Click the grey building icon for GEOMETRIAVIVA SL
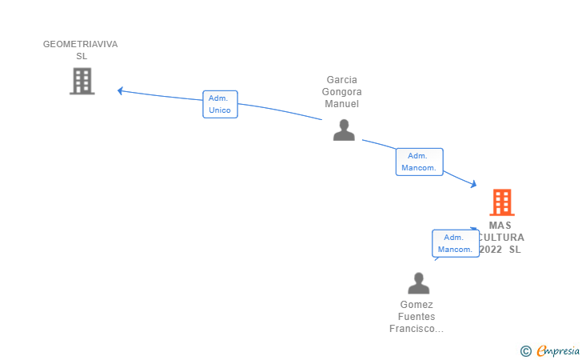(x=82, y=81)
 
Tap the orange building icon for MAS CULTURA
(x=502, y=202)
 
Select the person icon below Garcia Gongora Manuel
(x=344, y=130)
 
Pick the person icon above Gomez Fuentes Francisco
(x=419, y=283)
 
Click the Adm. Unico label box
(x=220, y=104)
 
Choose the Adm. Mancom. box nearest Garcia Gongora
(x=420, y=162)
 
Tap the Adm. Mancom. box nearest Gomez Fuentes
(x=456, y=243)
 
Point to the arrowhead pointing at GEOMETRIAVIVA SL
(x=120, y=90)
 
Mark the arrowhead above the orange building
(x=473, y=183)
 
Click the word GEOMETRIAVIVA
(x=81, y=44)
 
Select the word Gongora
(x=342, y=92)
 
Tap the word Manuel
(x=342, y=104)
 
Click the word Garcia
(x=342, y=80)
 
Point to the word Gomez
(x=417, y=305)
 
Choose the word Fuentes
(x=417, y=317)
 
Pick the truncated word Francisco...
(x=417, y=329)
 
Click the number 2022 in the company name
(x=491, y=250)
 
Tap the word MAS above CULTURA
(x=500, y=226)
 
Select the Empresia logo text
(x=558, y=351)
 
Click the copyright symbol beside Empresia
(x=526, y=351)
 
